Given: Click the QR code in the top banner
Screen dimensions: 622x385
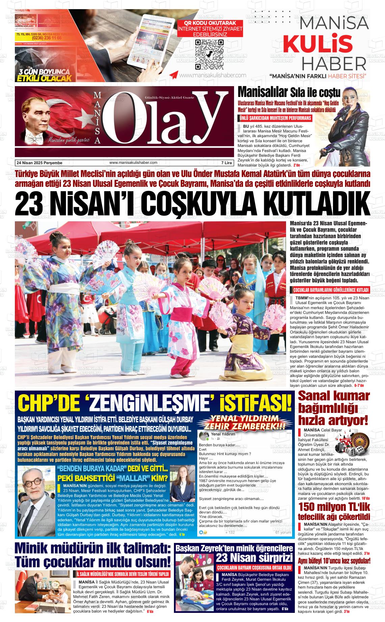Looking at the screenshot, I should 209,54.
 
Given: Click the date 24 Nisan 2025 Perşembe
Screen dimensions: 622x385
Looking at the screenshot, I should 40,163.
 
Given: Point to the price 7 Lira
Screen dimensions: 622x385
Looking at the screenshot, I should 226,163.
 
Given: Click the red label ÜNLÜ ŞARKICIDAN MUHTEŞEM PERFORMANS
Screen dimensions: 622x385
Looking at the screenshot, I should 275,118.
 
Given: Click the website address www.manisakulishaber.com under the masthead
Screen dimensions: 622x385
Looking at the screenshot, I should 133,163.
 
